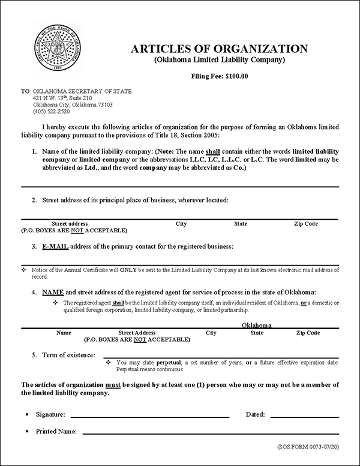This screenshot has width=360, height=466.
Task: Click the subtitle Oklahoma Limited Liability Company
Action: [x=218, y=61]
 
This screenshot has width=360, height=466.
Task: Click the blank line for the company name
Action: [x=180, y=186]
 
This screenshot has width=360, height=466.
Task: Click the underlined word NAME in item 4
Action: [x=53, y=291]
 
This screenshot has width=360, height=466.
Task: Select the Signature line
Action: [x=150, y=416]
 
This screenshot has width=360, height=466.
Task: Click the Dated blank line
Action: [x=305, y=416]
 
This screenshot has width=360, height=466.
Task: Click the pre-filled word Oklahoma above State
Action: [x=257, y=324]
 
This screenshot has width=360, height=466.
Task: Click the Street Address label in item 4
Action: [x=137, y=332]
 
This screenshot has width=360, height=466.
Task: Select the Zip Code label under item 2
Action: [x=306, y=224]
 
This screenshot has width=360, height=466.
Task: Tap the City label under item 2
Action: [x=181, y=224]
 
